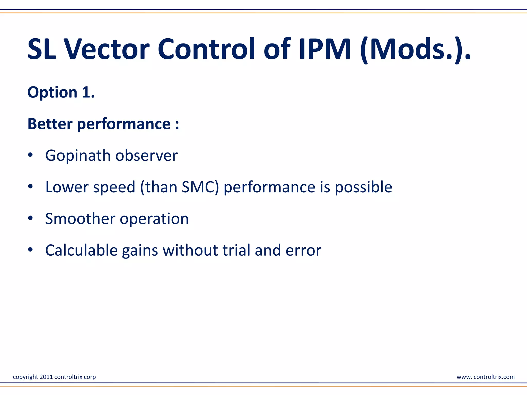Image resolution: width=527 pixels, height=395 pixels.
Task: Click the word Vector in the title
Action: [x=107, y=49]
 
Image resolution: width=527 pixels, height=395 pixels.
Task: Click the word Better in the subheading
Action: [x=50, y=124]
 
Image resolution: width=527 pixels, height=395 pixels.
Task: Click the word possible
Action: [x=363, y=187]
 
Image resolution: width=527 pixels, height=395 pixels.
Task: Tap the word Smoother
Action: [x=80, y=219]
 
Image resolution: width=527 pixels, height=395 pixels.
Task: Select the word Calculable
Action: [x=81, y=250]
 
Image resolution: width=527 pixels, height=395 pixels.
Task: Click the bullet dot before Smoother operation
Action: [x=31, y=218]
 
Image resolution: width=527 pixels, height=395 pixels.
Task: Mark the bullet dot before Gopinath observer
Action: [x=31, y=155]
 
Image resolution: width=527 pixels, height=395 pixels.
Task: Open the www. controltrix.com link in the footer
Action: [x=485, y=377]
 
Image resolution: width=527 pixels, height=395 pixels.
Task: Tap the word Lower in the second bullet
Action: [x=67, y=187]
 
